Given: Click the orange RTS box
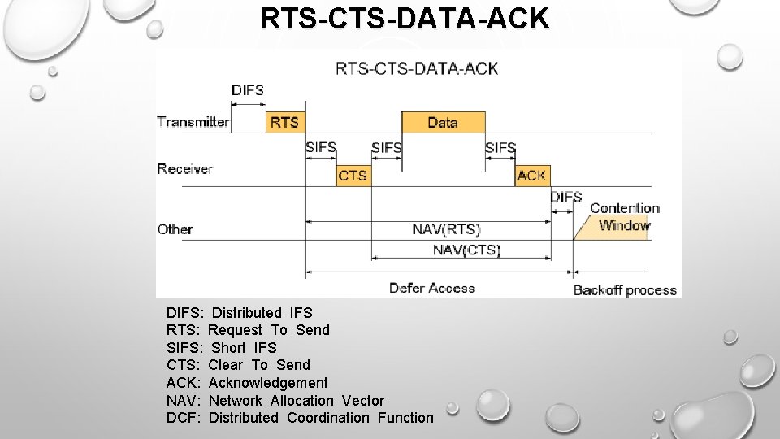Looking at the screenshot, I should coord(284,123).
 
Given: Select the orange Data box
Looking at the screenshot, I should coord(443,123).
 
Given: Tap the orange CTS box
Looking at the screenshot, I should coord(353,176).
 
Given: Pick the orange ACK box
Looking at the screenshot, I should coord(531,176).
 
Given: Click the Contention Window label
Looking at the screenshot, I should coord(624,217).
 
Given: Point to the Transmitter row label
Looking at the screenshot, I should coord(193,122).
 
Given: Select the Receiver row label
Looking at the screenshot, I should coord(185,169).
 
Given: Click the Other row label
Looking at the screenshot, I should coord(175,229).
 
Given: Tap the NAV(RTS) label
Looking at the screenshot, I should coord(446,230).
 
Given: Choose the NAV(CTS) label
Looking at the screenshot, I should coord(466,250).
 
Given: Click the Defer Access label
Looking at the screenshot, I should coord(431,289).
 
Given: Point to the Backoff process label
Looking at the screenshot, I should coord(625,290).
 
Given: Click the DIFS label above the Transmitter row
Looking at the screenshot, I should coord(248,90).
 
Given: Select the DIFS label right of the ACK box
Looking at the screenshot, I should coord(565,198).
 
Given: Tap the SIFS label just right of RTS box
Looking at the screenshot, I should coord(321,148).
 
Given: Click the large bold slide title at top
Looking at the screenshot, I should coord(405,19).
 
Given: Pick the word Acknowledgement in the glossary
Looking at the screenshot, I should coord(268,383).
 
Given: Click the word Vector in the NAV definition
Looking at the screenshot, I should coord(363,401).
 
